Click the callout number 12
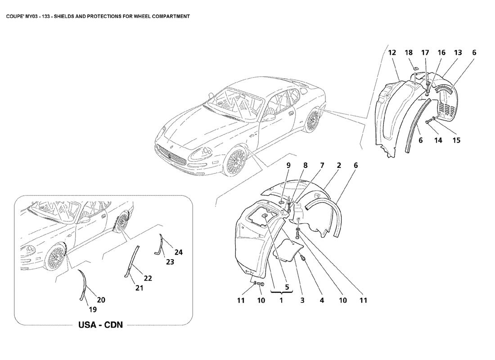pos(392,53)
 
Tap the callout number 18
pos(409,53)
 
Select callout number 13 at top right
pos(458,53)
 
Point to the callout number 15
pos(456,140)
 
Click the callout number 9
pos(288,165)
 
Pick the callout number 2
pos(338,165)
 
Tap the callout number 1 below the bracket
pos(280,300)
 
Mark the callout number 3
pos(301,300)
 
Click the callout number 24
pos(179,252)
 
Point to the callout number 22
pos(148,279)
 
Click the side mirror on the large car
pos(269,117)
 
